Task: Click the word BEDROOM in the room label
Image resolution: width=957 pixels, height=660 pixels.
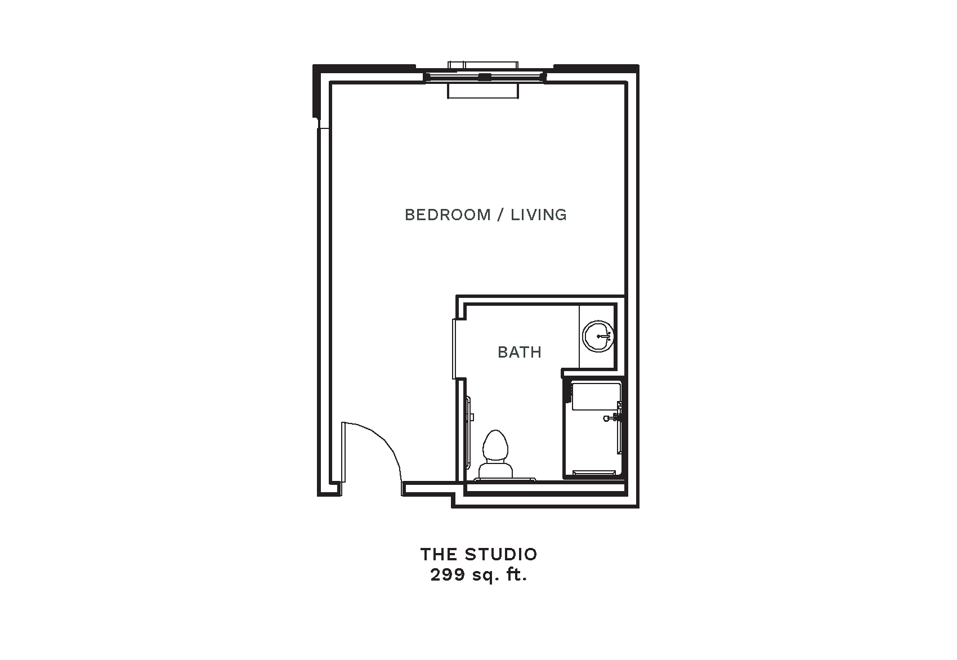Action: [448, 215]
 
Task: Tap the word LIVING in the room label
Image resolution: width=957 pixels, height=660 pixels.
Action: [539, 215]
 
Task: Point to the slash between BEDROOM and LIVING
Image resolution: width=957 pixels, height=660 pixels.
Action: [500, 215]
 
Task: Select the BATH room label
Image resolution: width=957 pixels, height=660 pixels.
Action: [520, 352]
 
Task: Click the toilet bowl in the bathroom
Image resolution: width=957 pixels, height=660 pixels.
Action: [495, 445]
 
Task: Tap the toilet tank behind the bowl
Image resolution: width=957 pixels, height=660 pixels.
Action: [495, 470]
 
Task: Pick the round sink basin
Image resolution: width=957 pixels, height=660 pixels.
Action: [598, 336]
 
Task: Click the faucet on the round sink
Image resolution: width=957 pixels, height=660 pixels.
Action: [606, 336]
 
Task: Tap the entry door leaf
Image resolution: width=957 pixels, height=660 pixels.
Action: [343, 453]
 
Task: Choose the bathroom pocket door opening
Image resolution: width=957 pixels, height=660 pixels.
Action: [455, 349]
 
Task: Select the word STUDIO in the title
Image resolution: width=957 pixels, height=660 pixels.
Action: [501, 555]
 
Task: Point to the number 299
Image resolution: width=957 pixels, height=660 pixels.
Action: [448, 574]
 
